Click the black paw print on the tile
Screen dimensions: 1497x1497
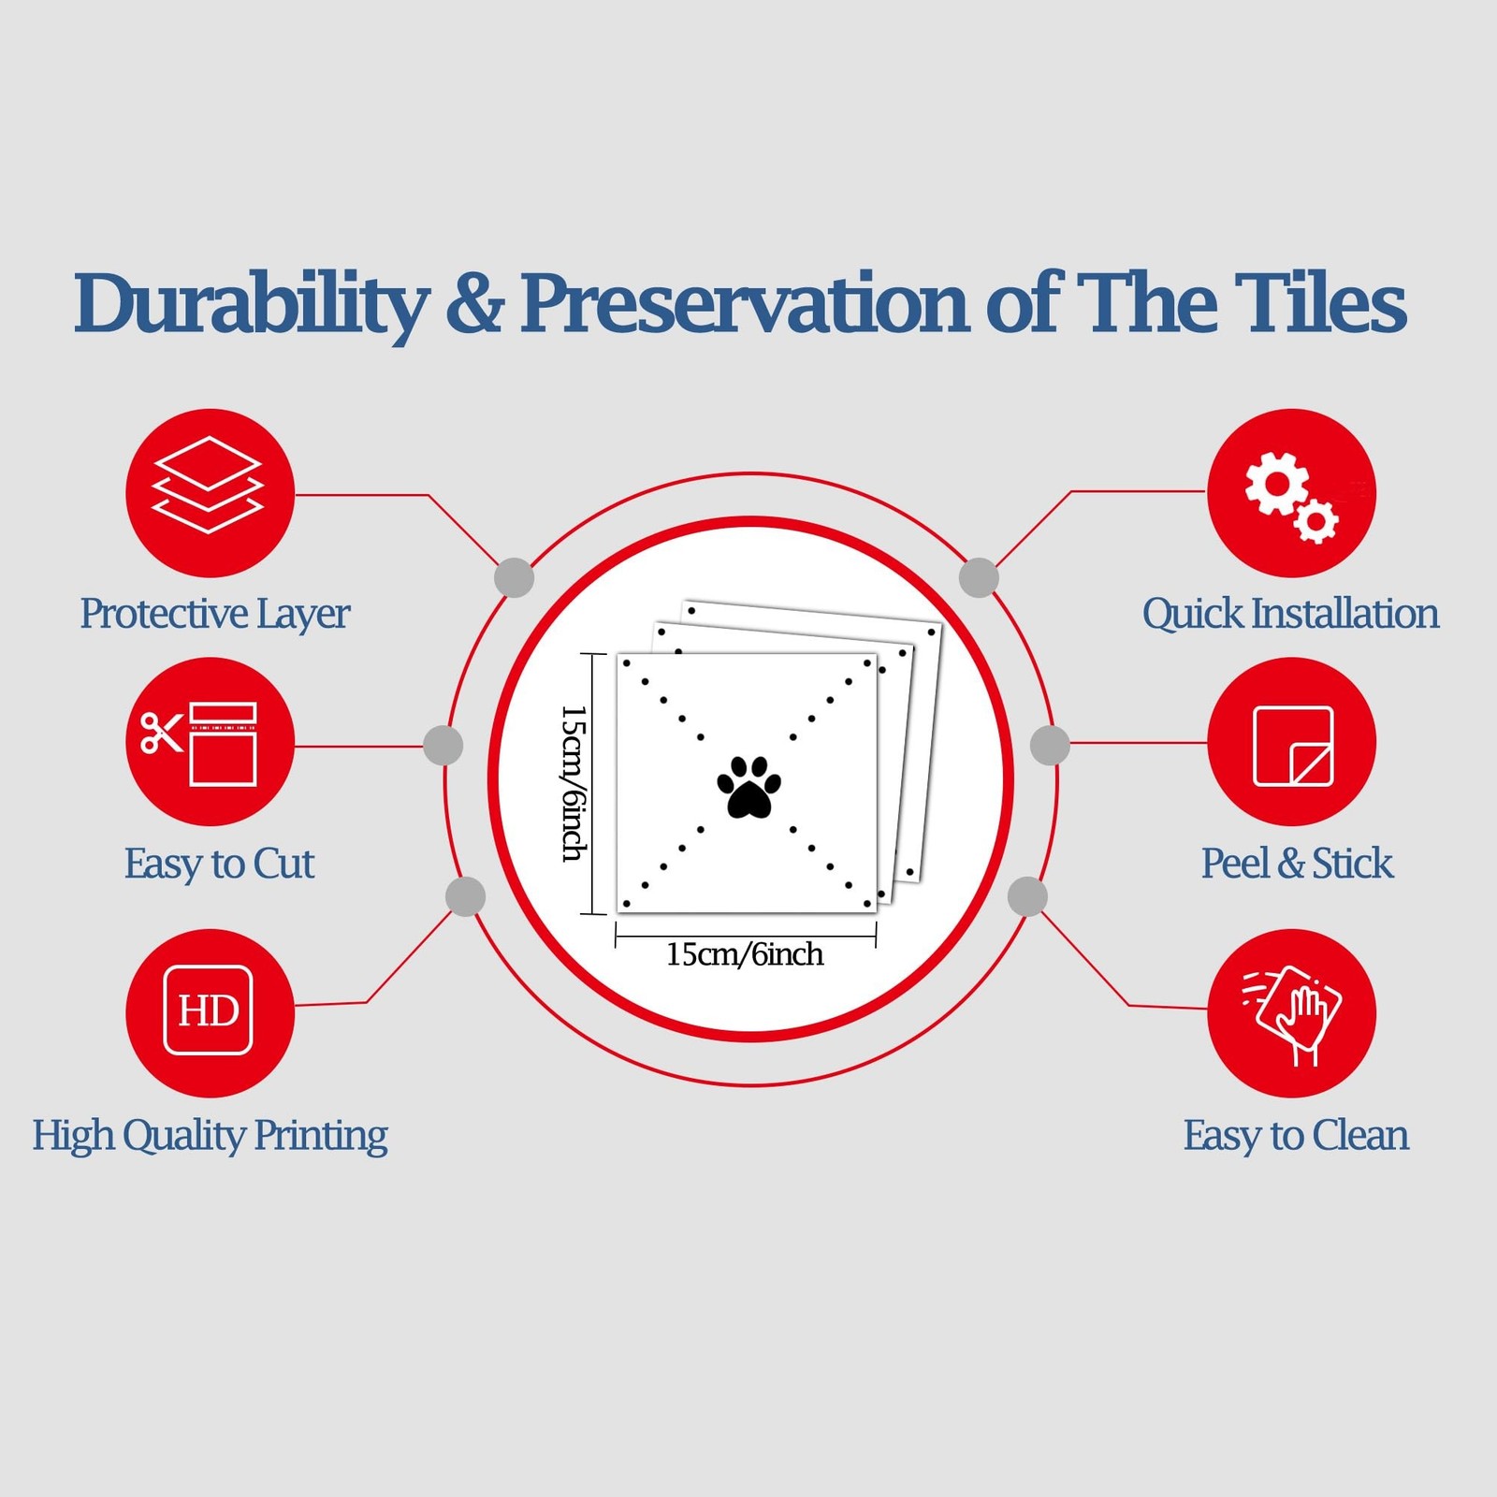pyautogui.click(x=748, y=787)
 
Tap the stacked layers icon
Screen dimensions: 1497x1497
pyautogui.click(x=208, y=486)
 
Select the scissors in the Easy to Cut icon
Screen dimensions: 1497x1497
pyautogui.click(x=160, y=733)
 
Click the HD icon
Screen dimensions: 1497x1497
pyautogui.click(x=208, y=1010)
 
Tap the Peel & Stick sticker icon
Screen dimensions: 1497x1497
pyautogui.click(x=1293, y=746)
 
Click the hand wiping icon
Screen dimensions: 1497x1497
pyautogui.click(x=1293, y=1014)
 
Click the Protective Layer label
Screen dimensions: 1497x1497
pyautogui.click(x=214, y=615)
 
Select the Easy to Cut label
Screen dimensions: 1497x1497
pyautogui.click(x=219, y=864)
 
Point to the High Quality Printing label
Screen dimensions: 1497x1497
pyautogui.click(x=210, y=1135)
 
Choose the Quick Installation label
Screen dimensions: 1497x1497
pyautogui.click(x=1290, y=615)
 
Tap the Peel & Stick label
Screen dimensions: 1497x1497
pyautogui.click(x=1297, y=864)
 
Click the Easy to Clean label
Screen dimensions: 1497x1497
pyautogui.click(x=1296, y=1135)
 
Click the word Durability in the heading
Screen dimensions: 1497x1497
pyautogui.click(x=251, y=304)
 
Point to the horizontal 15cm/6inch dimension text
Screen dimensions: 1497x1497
pyautogui.click(x=745, y=954)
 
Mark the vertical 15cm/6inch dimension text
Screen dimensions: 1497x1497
pyautogui.click(x=574, y=783)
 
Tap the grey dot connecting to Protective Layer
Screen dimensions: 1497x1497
pyautogui.click(x=514, y=577)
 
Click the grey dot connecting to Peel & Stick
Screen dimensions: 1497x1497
pyautogui.click(x=1050, y=745)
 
